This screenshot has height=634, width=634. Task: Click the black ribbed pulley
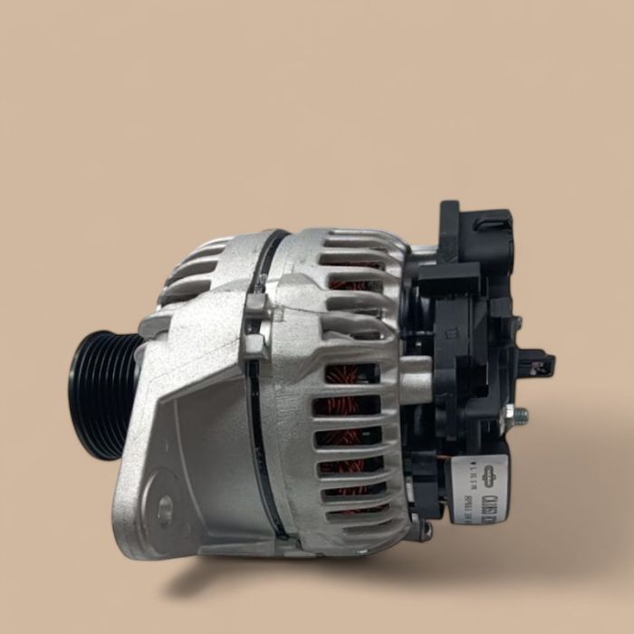click(101, 395)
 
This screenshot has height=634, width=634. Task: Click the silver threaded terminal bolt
click(519, 416)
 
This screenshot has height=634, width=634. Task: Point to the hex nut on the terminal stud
click(509, 416)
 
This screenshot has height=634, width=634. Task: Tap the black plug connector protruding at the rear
click(540, 365)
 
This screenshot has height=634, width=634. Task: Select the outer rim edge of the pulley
click(76, 395)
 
